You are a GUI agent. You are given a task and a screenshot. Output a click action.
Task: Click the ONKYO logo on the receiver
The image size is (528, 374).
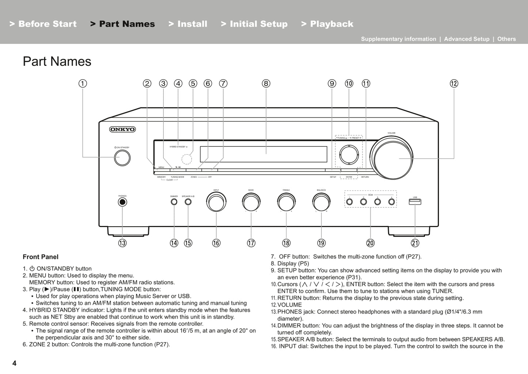pyautogui.click(x=122, y=129)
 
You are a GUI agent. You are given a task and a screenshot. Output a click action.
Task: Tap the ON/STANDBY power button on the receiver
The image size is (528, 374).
pyautogui.click(x=122, y=158)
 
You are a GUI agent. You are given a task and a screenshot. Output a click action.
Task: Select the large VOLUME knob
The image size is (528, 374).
pyautogui.click(x=391, y=158)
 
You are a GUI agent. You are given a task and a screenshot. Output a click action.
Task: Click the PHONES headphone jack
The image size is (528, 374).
pyautogui.click(x=122, y=202)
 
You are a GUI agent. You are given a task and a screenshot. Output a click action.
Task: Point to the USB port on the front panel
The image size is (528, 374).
pyautogui.click(x=415, y=202)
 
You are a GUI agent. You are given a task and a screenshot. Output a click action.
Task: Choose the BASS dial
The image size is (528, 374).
pyautogui.click(x=251, y=202)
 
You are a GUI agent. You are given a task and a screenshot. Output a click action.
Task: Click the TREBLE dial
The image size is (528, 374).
pyautogui.click(x=286, y=202)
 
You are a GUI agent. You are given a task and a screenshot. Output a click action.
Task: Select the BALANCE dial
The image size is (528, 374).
pyautogui.click(x=321, y=202)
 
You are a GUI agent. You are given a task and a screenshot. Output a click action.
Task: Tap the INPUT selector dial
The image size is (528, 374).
pyautogui.click(x=216, y=202)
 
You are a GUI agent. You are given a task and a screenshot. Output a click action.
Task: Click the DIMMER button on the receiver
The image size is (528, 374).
pyautogui.click(x=174, y=202)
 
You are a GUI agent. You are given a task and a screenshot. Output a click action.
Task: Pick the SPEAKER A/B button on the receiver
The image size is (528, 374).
pyautogui.click(x=188, y=202)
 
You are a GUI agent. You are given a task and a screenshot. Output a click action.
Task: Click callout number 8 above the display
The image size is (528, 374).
pyautogui.click(x=266, y=83)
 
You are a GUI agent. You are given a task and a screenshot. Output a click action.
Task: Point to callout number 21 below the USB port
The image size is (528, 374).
pyautogui.click(x=415, y=243)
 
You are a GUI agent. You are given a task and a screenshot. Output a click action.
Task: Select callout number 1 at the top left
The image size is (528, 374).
pyautogui.click(x=83, y=83)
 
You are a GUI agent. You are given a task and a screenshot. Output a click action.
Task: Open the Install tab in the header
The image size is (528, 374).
pyautogui.click(x=188, y=24)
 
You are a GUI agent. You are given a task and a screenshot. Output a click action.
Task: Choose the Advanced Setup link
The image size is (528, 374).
pyautogui.click(x=466, y=39)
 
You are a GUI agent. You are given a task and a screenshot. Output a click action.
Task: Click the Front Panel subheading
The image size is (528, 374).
pyautogui.click(x=41, y=257)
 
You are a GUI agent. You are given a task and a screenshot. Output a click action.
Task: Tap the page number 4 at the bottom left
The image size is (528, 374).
pyautogui.click(x=14, y=363)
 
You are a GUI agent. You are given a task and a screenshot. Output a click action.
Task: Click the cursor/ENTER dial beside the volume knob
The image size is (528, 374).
pyautogui.click(x=349, y=155)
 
